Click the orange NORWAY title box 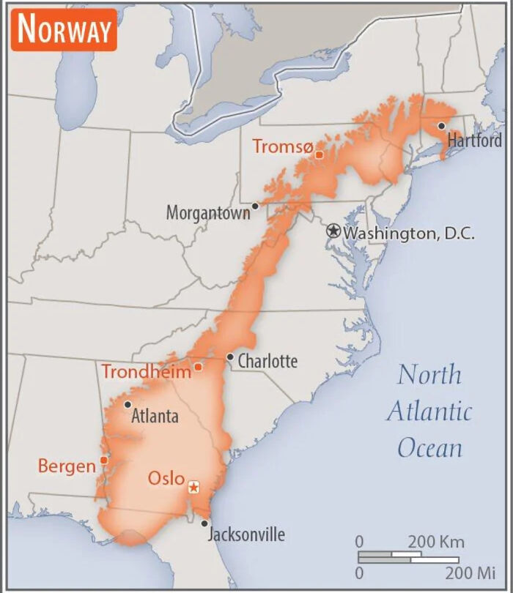click(64, 29)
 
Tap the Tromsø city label click(283, 146)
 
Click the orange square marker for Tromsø click(319, 154)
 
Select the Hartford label click(475, 141)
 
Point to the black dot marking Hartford click(441, 126)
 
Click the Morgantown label click(207, 213)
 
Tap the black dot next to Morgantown click(255, 206)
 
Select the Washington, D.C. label click(409, 233)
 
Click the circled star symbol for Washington click(333, 231)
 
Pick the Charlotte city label click(267, 361)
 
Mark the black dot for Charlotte click(230, 357)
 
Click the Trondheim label click(146, 371)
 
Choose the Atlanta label click(155, 417)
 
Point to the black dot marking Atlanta click(128, 404)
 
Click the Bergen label click(67, 466)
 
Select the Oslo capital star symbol click(193, 487)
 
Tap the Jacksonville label click(246, 534)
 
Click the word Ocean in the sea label click(430, 447)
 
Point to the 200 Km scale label click(436, 542)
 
